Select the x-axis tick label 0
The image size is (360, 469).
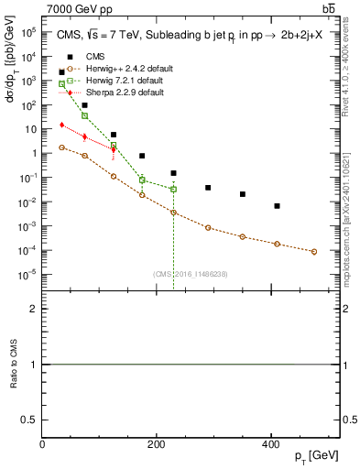coord(43,444)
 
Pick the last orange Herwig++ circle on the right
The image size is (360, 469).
coord(314,252)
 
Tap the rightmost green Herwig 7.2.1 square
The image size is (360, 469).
coord(173,189)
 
